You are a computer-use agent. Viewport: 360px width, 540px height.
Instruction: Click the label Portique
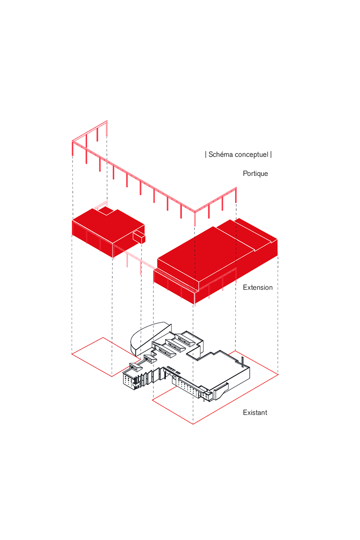tap(255, 174)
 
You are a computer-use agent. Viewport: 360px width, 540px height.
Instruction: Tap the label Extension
tap(257, 288)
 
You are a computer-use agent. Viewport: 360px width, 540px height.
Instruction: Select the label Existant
tap(255, 413)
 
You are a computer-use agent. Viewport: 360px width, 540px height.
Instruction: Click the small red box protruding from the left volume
tap(139, 237)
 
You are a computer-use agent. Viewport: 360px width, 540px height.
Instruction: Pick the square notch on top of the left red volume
tap(106, 211)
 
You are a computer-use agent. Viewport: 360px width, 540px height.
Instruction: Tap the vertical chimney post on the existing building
tap(243, 362)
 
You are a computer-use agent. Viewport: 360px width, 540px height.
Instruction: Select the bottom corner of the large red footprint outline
tap(193, 424)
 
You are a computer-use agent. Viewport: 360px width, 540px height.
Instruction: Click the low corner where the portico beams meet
tap(195, 212)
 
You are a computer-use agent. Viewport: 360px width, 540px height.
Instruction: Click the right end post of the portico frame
tap(236, 195)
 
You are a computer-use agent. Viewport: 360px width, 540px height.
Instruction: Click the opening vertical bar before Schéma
tap(206, 154)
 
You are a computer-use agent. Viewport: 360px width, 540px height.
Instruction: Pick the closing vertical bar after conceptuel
tap(271, 154)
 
